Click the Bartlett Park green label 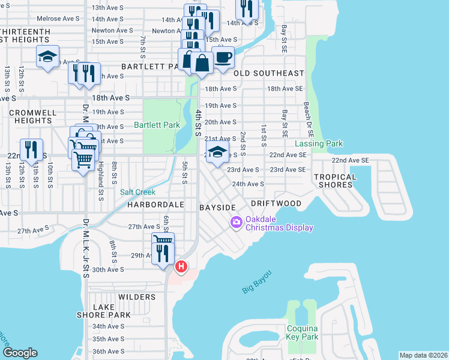pyautogui.click(x=157, y=125)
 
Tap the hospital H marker pyautogui.click(x=181, y=266)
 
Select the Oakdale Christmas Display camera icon pyautogui.click(x=236, y=223)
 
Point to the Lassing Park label pyautogui.click(x=319, y=144)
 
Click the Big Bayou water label pyautogui.click(x=257, y=281)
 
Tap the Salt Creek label pyautogui.click(x=137, y=192)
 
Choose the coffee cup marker pyautogui.click(x=223, y=58)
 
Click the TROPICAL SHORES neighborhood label pyautogui.click(x=335, y=181)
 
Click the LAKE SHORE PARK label pyautogui.click(x=103, y=310)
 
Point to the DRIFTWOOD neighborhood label pyautogui.click(x=276, y=204)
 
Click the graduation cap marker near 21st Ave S pyautogui.click(x=217, y=151)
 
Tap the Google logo pyautogui.click(x=20, y=353)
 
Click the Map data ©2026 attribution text pyautogui.click(x=423, y=355)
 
